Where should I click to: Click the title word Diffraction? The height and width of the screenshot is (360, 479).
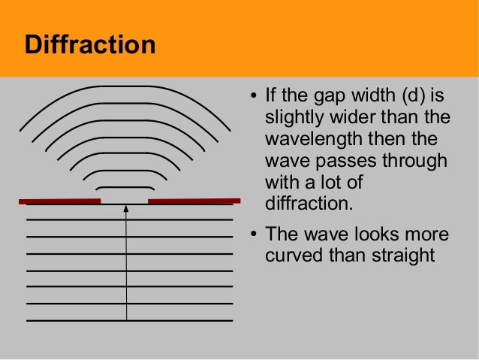[x=89, y=44]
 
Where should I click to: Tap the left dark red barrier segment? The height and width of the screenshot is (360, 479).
[x=59, y=201]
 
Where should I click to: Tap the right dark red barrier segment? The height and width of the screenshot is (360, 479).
[x=194, y=201]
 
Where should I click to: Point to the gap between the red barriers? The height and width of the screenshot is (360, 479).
[x=125, y=201]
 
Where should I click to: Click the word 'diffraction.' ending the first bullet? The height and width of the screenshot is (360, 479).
[x=309, y=204]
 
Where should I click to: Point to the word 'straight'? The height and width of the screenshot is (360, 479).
[x=403, y=255]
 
